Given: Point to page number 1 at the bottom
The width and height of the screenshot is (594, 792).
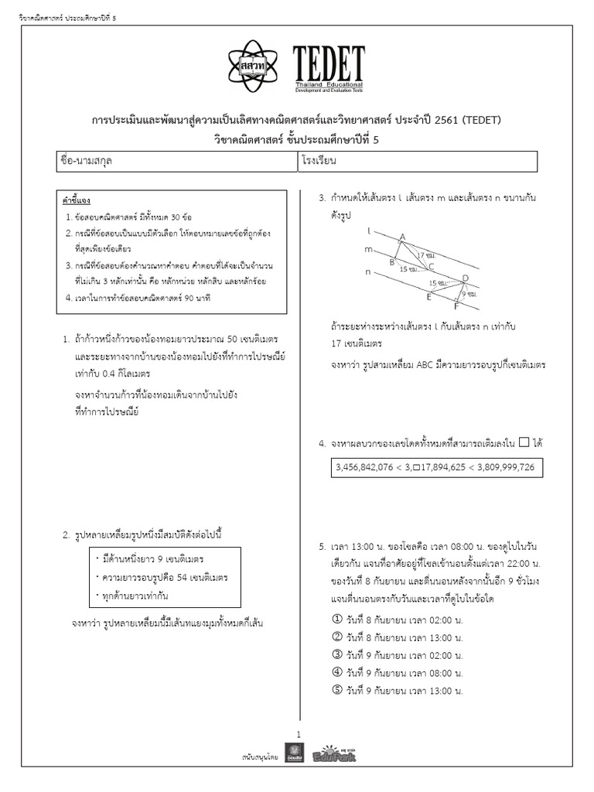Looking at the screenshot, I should pos(298,733).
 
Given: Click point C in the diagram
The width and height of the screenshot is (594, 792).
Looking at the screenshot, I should pos(431,265).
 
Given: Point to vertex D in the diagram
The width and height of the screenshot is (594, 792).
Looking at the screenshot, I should pos(464,278).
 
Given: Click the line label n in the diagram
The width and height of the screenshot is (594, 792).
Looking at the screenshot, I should pos(368,271).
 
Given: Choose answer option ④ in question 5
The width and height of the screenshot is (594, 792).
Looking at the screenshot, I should pos(336,671).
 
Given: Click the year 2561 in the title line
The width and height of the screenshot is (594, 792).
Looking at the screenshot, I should pos(444,121).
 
